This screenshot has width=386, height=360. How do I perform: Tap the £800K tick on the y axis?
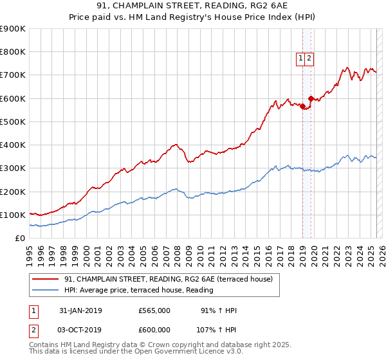12,52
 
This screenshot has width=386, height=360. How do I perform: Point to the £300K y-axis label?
12,168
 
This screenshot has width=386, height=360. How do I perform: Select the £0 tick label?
19,239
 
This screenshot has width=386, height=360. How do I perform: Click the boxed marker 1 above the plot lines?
300,59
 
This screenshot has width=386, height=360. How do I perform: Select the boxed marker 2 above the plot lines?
309,59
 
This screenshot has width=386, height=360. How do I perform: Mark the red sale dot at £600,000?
311,98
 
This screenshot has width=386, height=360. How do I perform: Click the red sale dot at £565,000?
303,107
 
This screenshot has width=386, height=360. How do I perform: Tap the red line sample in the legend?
46,279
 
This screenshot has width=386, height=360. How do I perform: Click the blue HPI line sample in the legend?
46,290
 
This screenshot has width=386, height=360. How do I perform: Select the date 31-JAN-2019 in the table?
80,310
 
